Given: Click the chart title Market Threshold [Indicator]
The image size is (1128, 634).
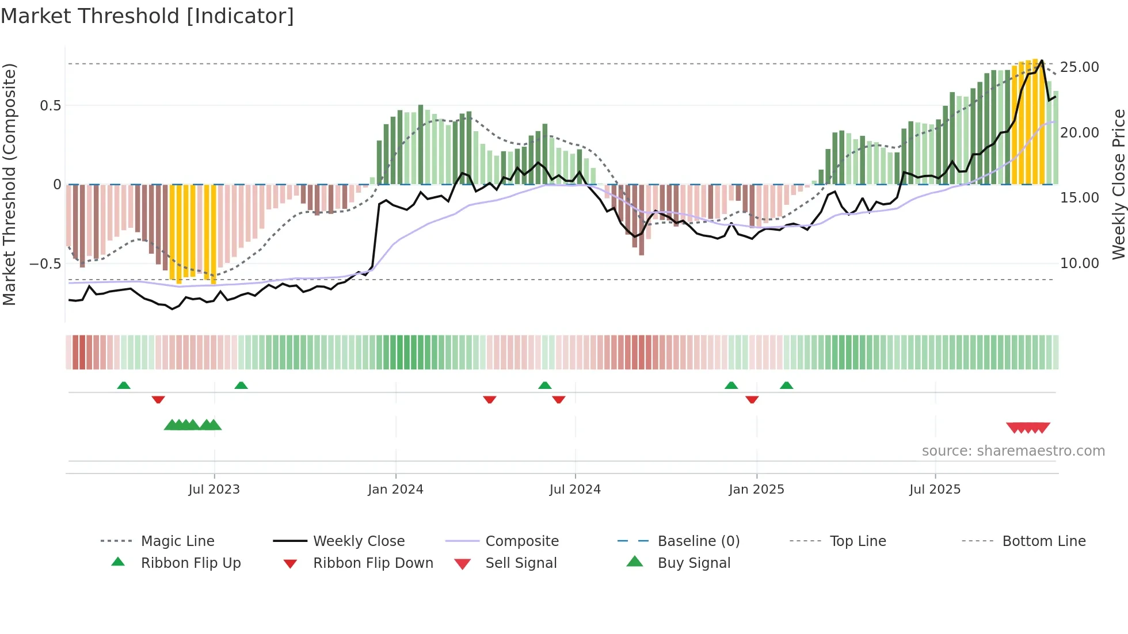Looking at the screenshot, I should click(147, 16).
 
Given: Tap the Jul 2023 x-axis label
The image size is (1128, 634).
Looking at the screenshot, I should click(214, 490).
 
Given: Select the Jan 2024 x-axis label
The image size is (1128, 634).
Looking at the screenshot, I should click(395, 490).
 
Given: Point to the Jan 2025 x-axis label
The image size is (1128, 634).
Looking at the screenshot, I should click(756, 490).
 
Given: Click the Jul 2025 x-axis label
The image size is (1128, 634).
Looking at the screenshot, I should click(935, 490).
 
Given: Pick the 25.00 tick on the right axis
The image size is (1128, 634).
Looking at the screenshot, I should click(1079, 67).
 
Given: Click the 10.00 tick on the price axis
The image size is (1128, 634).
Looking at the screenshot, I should click(1079, 263).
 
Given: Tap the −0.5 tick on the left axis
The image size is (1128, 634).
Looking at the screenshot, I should click(45, 264).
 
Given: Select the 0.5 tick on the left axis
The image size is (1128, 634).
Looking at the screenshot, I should click(50, 106).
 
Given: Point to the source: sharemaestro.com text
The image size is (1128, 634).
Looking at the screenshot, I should click(1013, 451).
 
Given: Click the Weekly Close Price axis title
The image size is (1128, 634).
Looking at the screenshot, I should click(1118, 184).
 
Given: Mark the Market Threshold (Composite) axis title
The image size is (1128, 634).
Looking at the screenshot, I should click(9, 184).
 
